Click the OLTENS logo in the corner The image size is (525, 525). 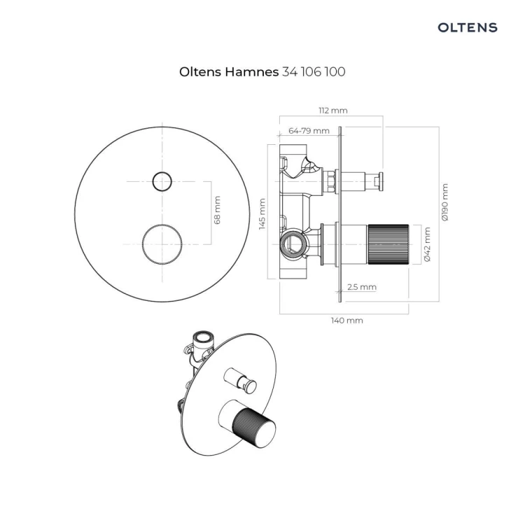click(x=468, y=27)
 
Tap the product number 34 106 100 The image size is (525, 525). click(x=314, y=71)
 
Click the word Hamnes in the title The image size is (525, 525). click(x=251, y=71)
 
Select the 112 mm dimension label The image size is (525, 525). click(x=332, y=111)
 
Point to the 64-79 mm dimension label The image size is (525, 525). click(x=309, y=131)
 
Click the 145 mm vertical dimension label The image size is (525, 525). click(x=262, y=214)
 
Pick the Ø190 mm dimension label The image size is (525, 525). click(x=444, y=202)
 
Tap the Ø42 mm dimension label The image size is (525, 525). click(x=427, y=244)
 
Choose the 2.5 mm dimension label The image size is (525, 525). click(x=362, y=287)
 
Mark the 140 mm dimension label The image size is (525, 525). click(x=347, y=321)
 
